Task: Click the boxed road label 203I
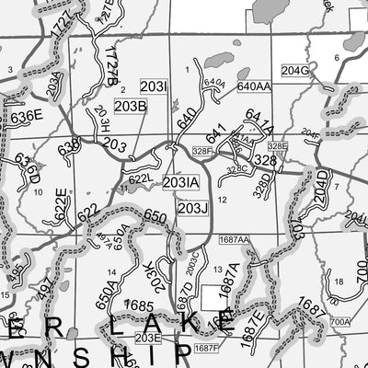pos(154,87)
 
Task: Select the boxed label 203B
pos(130,107)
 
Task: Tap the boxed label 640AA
pos(253,86)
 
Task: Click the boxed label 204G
pos(295,70)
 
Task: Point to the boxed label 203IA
pos(180,183)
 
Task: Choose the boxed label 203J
pos(193,209)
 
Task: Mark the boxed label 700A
pos(339,322)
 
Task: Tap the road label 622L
pos(140,179)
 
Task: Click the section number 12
pos(222,200)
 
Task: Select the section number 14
pos(111,273)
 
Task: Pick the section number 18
pos(339,281)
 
